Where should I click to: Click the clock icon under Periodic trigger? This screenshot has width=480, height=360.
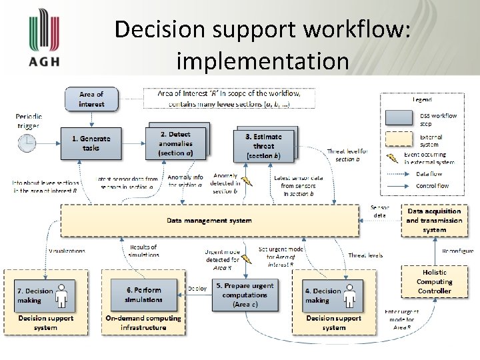tap(28, 143)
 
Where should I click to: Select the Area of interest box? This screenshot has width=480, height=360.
tap(91, 99)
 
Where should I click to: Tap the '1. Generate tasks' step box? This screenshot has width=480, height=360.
tap(91, 143)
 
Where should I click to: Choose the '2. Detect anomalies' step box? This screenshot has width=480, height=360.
tap(175, 143)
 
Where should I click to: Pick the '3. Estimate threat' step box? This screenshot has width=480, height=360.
tap(263, 145)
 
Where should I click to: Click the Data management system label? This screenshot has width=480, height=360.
tap(209, 220)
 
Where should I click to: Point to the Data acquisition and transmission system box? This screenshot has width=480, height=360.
tap(434, 221)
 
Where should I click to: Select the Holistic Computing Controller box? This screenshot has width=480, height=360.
tap(434, 281)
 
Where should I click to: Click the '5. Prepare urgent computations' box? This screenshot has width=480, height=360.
tap(245, 295)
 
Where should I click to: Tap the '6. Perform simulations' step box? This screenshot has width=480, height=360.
tap(144, 295)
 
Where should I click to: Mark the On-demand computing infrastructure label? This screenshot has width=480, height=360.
tap(143, 323)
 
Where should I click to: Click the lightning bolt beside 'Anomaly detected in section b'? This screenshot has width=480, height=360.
tap(247, 180)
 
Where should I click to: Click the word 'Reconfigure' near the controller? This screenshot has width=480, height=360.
tap(457, 251)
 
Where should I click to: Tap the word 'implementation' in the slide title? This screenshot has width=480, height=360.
tap(263, 61)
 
